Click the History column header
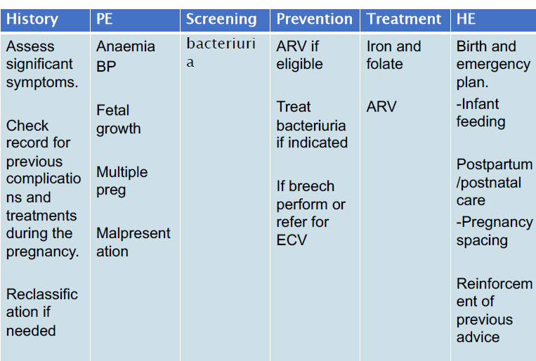tap(32, 19)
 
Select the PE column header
tap(104, 19)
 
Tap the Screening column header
tap(221, 19)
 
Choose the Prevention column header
tap(314, 19)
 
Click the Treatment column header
tap(404, 19)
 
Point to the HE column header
tap(466, 19)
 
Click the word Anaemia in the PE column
tap(126, 47)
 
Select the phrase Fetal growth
tap(118, 119)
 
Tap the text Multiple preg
tap(122, 181)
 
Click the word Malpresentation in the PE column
tap(133, 242)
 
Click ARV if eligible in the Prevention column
tap(299, 55)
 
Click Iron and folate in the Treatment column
tap(393, 55)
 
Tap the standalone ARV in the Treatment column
tap(381, 107)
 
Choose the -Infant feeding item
tap(481, 113)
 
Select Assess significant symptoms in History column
tap(40, 65)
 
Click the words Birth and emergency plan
tap(492, 65)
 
